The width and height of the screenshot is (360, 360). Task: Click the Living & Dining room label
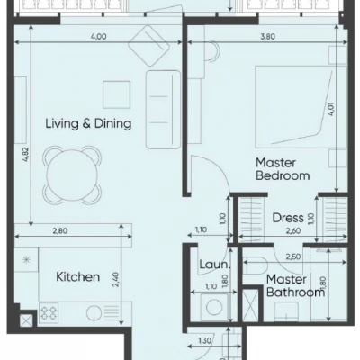88,123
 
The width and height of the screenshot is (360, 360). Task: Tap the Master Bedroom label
283,169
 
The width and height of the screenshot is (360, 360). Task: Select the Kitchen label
78,276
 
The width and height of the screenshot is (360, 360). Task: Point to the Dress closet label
288,218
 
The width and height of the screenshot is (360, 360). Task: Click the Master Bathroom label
296,285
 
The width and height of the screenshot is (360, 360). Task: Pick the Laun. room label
214,265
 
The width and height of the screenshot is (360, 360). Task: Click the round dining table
72,174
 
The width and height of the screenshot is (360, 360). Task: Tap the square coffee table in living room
117,94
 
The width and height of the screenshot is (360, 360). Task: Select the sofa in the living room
164,109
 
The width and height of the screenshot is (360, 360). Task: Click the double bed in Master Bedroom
301,107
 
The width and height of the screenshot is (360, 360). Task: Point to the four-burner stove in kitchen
49,313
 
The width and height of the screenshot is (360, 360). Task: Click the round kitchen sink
94,313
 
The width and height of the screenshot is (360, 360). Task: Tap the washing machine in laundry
214,307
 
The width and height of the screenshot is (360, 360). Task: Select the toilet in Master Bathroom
255,265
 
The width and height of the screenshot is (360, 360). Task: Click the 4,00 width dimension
98,37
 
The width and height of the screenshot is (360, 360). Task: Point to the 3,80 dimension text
267,37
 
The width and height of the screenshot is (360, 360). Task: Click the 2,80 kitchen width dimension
60,231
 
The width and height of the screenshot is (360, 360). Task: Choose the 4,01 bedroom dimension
331,109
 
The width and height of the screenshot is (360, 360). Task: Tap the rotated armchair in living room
148,45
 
